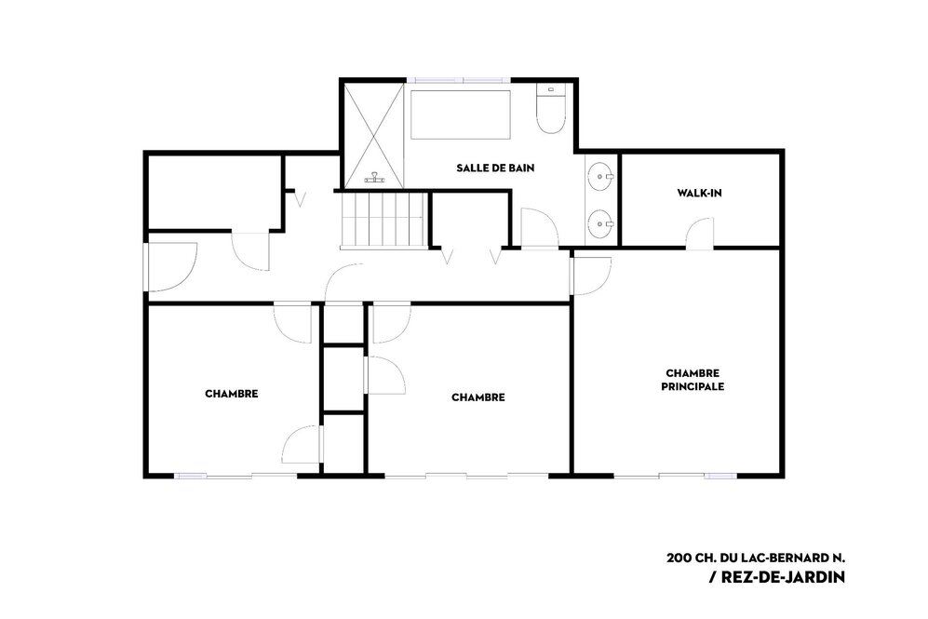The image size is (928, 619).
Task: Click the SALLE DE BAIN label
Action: (x=495, y=168)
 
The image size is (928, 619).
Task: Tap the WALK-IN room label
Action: (x=700, y=193)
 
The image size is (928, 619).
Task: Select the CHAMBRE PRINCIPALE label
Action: (x=693, y=380)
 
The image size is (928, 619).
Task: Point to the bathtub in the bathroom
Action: (x=461, y=114)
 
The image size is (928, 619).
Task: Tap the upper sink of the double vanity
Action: (x=600, y=176)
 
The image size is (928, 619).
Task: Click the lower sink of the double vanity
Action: (x=600, y=224)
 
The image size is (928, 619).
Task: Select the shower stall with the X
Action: (x=374, y=136)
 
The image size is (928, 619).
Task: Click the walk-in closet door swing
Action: (x=700, y=233)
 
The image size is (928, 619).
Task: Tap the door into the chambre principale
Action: (x=592, y=276)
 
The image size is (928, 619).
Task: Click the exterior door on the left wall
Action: (x=170, y=267)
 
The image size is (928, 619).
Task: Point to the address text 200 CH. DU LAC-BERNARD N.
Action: (x=756, y=558)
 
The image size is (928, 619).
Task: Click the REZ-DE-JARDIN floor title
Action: (x=777, y=577)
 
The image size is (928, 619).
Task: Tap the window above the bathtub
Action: (x=459, y=80)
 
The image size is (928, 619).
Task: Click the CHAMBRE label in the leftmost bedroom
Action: (x=232, y=394)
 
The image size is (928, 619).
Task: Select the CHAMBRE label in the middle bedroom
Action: (x=478, y=397)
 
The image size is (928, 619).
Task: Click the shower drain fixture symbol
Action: (x=374, y=177)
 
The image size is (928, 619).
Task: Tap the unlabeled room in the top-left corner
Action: (x=214, y=192)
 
